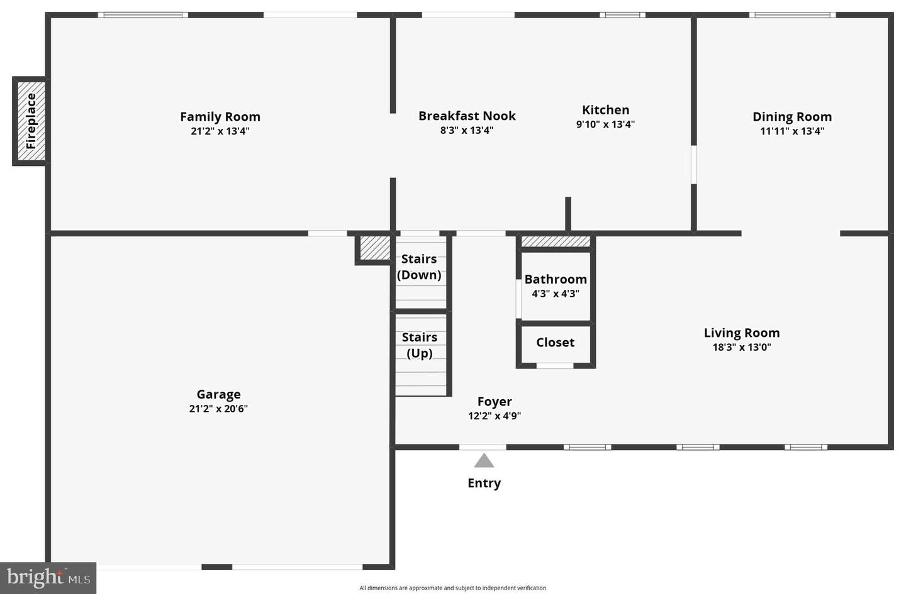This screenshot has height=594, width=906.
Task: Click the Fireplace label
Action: [x=31, y=121]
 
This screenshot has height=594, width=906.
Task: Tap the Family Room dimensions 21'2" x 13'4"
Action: [x=220, y=131]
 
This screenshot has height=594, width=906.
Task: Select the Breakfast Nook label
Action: [x=467, y=116]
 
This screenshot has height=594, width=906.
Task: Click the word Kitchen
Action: [x=605, y=110]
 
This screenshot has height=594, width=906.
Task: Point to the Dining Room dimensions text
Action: [x=791, y=131]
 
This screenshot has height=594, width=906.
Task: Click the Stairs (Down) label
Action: [x=419, y=267]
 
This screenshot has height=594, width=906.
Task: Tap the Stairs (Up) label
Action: [x=420, y=344]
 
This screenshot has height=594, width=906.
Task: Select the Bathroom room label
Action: [x=556, y=279]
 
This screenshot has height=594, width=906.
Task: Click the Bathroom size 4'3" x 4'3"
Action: [x=556, y=294]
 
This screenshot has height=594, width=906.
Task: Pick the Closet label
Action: [x=555, y=343]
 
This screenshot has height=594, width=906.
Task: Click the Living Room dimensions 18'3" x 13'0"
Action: [x=741, y=347]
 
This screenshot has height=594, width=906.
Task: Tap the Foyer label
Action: [x=495, y=401]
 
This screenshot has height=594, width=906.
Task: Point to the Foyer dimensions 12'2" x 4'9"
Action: [x=495, y=415]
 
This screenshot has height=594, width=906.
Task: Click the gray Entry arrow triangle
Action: [x=484, y=461]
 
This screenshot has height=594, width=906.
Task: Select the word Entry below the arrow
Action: [x=484, y=483]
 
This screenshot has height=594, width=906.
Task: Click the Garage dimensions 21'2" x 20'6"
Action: [x=218, y=409]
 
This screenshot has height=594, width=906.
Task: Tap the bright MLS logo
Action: [x=48, y=578]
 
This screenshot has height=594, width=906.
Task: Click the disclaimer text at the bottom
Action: [x=452, y=588]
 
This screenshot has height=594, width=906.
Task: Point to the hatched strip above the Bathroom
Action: [x=556, y=241]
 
